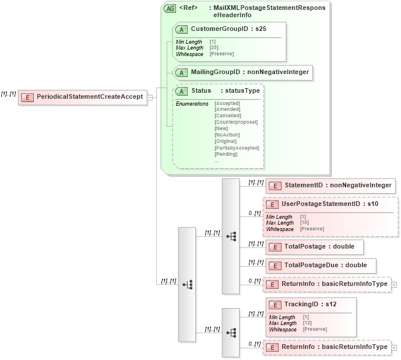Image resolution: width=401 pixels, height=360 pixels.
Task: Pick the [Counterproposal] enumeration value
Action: click(235, 122)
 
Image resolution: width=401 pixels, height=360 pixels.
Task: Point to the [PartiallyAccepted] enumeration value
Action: click(237, 148)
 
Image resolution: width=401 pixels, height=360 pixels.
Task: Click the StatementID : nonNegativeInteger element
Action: click(330, 186)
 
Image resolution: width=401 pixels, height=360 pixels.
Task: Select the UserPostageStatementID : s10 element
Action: click(330, 204)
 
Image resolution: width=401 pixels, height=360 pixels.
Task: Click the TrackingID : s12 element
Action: click(310, 305)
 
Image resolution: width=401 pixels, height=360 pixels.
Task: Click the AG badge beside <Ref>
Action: click(170, 9)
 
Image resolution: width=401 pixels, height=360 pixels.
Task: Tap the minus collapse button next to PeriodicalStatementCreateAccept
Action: click(150, 97)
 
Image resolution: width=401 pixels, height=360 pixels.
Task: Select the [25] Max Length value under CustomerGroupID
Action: click(214, 47)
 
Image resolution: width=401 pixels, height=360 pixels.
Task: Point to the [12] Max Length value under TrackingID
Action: click(307, 323)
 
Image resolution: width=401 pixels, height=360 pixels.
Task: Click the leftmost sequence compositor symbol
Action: click(187, 284)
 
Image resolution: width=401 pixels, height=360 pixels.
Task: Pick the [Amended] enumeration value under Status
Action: click(227, 109)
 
